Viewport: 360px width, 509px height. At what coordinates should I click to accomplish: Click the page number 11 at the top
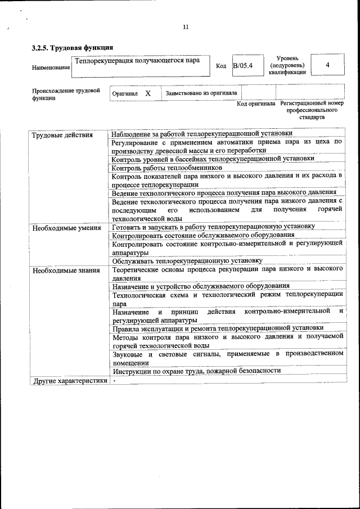(x=186, y=27)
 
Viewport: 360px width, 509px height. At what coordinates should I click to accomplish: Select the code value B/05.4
(x=244, y=66)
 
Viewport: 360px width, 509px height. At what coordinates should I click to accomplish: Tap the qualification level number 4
(x=327, y=65)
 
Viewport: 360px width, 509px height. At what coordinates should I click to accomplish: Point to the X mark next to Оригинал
(x=147, y=93)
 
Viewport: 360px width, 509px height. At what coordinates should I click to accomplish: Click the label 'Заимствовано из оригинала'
(x=201, y=93)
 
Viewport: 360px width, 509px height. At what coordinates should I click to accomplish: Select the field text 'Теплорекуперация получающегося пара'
(x=137, y=60)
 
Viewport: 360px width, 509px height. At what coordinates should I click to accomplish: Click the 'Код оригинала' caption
(x=255, y=104)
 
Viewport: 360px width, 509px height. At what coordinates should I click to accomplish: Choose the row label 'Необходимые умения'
(x=66, y=228)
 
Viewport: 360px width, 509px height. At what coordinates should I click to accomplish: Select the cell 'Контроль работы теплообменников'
(x=167, y=168)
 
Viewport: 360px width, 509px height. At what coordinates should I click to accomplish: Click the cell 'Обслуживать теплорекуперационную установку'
(x=187, y=261)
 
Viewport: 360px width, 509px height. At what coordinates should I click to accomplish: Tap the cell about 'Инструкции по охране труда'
(x=196, y=371)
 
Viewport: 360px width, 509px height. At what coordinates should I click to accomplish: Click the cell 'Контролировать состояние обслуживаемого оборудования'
(x=203, y=235)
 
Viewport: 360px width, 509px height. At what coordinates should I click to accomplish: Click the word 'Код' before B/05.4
(x=221, y=66)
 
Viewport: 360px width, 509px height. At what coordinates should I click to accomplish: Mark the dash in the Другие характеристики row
(x=114, y=381)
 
